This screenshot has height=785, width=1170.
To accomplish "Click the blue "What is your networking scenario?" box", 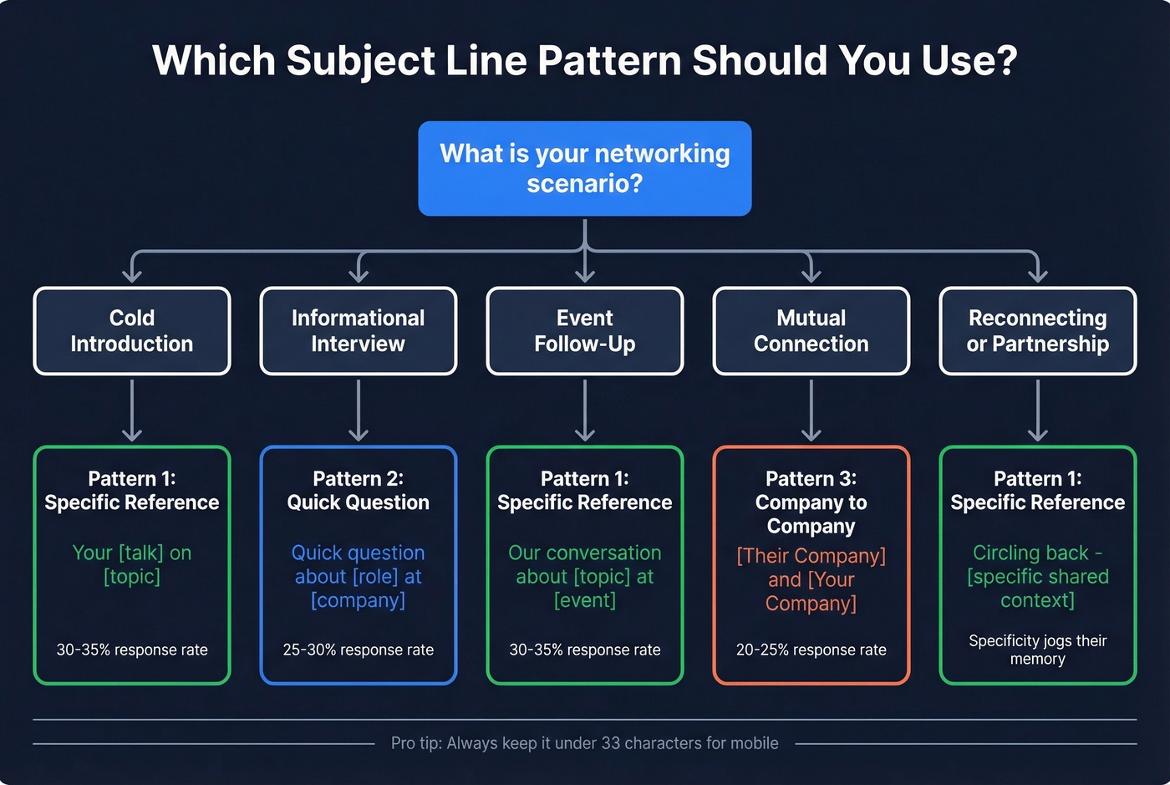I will [x=584, y=168].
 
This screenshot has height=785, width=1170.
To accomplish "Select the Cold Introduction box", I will [x=132, y=331].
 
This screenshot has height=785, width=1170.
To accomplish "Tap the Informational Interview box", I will [x=359, y=331].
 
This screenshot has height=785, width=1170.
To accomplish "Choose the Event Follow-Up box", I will [x=585, y=331].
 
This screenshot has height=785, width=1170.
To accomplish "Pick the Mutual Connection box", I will [x=811, y=331].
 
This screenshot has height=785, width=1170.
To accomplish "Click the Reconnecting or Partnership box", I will [x=1038, y=331].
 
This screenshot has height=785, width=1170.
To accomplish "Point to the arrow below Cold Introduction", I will [x=132, y=410].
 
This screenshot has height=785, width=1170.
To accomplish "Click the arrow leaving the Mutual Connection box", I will [x=811, y=410].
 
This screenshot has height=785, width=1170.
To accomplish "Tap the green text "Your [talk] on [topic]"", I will [x=132, y=564].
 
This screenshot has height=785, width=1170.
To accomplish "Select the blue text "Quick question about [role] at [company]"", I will [x=359, y=576].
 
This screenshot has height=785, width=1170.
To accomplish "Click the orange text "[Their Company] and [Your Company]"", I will [x=811, y=579].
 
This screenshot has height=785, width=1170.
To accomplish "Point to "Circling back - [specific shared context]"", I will [x=1038, y=576].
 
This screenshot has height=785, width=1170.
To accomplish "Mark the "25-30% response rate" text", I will [x=359, y=650].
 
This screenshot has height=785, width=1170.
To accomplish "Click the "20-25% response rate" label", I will [x=811, y=650].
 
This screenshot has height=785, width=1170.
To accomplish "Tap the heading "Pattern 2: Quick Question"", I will [x=359, y=490].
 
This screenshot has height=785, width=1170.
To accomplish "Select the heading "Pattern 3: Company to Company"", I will [x=811, y=502].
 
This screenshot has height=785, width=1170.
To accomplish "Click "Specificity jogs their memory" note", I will [x=1038, y=650].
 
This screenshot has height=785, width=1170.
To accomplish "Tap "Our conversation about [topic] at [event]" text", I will [x=585, y=576].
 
